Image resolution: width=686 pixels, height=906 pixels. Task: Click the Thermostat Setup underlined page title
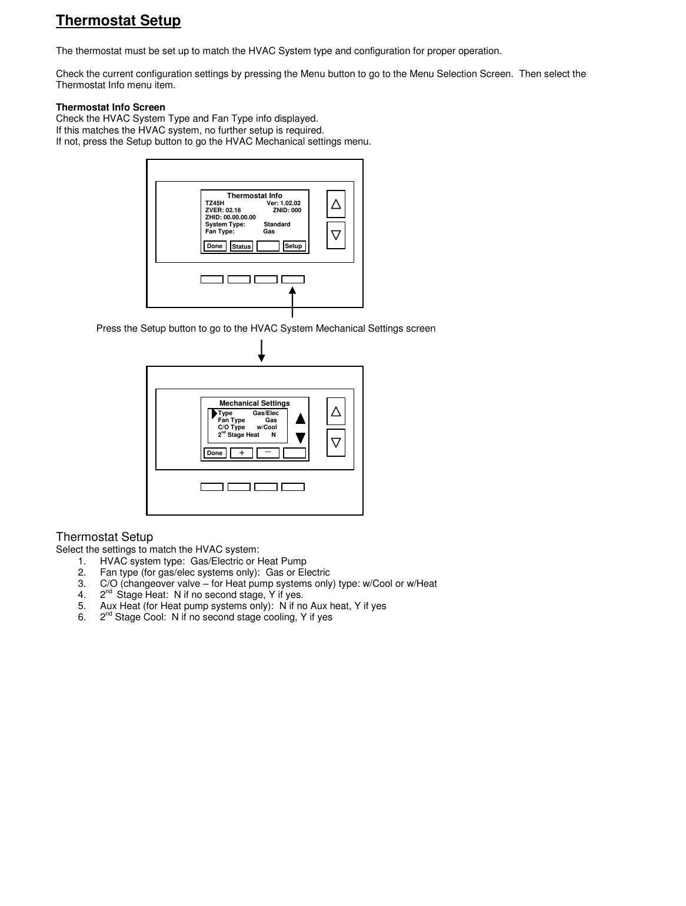tap(118, 21)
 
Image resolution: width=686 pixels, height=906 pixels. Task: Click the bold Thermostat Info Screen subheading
tap(111, 107)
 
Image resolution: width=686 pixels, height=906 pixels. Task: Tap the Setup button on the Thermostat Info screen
tap(294, 246)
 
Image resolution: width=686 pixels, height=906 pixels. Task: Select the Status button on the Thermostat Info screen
tap(241, 246)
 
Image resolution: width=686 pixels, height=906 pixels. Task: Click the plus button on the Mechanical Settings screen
tap(241, 453)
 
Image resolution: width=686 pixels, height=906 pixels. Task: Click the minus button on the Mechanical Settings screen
tap(268, 453)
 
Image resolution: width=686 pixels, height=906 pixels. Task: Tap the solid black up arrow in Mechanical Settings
tap(301, 419)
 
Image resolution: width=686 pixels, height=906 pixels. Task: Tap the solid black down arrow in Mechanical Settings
tap(301, 438)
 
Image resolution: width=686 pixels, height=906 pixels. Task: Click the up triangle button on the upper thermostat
tap(336, 204)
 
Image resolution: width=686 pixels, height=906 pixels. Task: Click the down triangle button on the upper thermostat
tap(336, 235)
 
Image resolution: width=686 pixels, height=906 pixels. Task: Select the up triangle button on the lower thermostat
tap(336, 412)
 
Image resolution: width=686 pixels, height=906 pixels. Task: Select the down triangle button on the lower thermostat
tap(336, 443)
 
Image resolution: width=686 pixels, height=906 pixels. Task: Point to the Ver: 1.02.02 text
tap(284, 203)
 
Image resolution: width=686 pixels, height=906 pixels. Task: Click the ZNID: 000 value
tap(287, 210)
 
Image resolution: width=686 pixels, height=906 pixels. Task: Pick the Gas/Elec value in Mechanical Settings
tap(266, 413)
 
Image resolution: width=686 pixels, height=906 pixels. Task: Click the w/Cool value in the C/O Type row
tap(267, 427)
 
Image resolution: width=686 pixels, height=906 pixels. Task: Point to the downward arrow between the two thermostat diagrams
tap(262, 350)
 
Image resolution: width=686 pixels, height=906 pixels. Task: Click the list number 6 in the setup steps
tap(82, 617)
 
